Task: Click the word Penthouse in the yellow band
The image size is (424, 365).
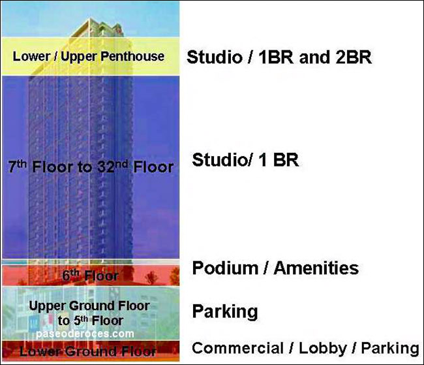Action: pos(132,56)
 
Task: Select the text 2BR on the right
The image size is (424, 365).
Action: pos(354,57)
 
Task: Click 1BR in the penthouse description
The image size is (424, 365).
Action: pos(276,57)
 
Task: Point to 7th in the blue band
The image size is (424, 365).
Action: pos(18,167)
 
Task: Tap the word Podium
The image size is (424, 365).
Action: pos(225,268)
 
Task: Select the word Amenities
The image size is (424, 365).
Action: pos(316,268)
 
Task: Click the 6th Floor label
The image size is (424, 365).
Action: pos(90,276)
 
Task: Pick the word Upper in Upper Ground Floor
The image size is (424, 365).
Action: pos(48,306)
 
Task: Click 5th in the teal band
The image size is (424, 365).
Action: pos(80,321)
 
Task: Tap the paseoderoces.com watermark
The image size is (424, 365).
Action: pos(85,334)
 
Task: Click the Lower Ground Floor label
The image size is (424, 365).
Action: pos(87,351)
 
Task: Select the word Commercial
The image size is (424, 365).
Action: pos(237,348)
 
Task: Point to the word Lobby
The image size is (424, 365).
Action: pos(323,349)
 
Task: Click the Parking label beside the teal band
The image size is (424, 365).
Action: pos(225,311)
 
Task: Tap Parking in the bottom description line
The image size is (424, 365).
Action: pos(390,349)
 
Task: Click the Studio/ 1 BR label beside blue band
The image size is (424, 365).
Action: pos(245,159)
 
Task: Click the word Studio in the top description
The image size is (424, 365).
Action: pos(215,57)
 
